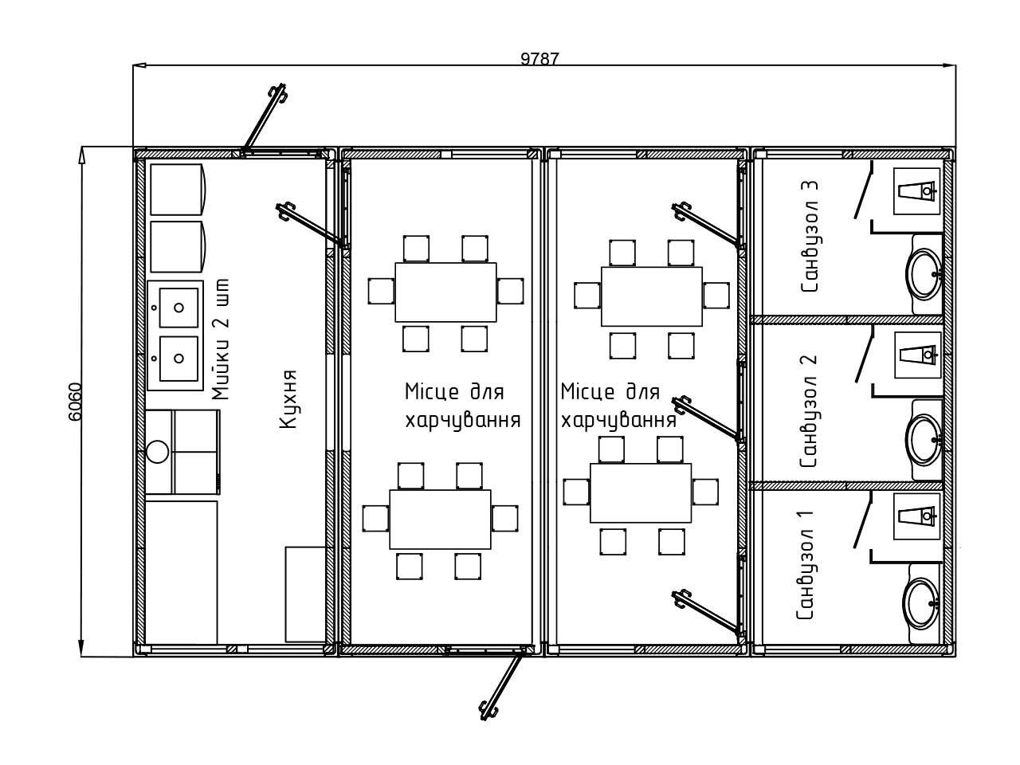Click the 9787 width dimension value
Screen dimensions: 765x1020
tap(539, 58)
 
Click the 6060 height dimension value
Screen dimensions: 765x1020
tap(75, 402)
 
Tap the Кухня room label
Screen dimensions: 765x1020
tap(288, 399)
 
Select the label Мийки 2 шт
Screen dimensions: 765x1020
tap(221, 339)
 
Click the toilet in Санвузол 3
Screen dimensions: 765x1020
tap(917, 191)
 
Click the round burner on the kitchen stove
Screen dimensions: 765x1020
tap(158, 452)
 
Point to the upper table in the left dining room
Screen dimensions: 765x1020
tap(445, 292)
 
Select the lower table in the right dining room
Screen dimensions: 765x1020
tap(641, 493)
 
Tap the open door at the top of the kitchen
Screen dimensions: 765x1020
tap(262, 120)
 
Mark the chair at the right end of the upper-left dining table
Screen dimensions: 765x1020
tap(510, 291)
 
